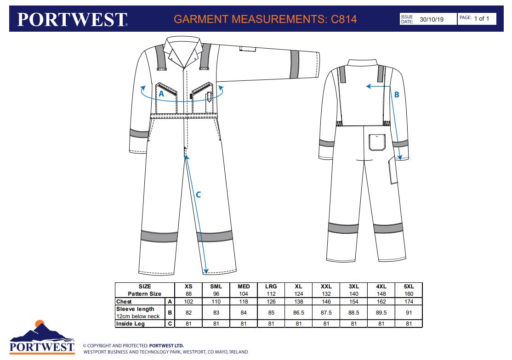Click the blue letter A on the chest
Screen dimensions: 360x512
(x=161, y=94)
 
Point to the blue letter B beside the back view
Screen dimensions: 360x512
(x=397, y=95)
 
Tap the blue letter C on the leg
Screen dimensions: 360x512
(x=199, y=195)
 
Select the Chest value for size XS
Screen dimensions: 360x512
(x=188, y=302)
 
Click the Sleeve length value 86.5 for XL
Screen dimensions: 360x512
(x=299, y=313)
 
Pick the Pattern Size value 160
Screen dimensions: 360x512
(x=409, y=294)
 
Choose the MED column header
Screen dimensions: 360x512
(x=244, y=287)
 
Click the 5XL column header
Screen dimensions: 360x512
(x=409, y=287)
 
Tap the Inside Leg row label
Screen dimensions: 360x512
(x=131, y=324)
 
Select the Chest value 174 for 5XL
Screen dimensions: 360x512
(x=409, y=302)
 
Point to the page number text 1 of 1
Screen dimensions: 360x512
(x=482, y=19)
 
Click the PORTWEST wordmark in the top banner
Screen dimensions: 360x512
(x=72, y=19)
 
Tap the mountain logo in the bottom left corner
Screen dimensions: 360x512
(x=42, y=331)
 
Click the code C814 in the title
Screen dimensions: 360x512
(x=344, y=19)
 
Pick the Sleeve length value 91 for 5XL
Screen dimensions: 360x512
(x=409, y=313)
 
